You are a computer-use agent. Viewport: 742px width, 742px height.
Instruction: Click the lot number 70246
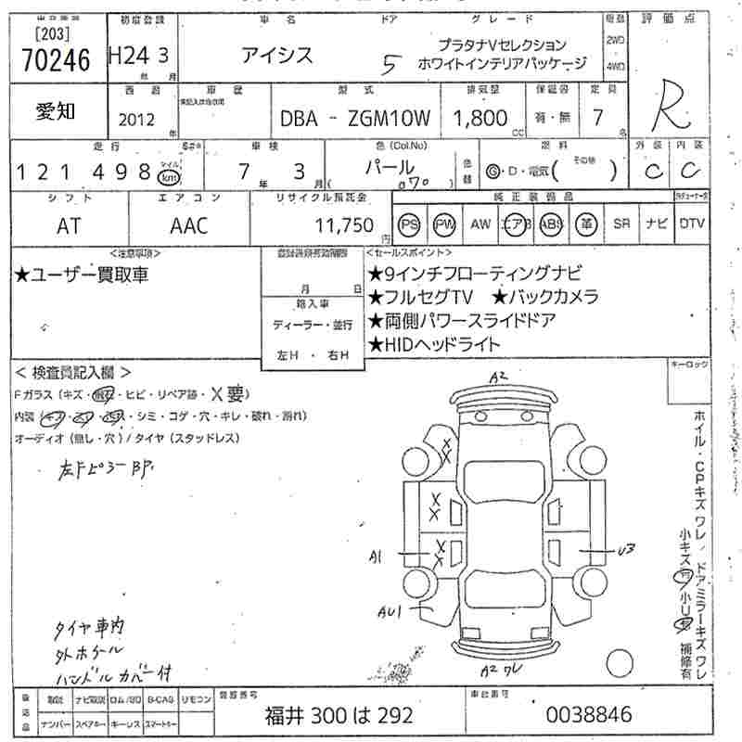tap(55, 60)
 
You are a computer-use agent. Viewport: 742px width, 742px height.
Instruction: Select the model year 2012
tap(137, 119)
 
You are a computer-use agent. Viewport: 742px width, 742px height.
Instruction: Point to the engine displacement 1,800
tap(480, 118)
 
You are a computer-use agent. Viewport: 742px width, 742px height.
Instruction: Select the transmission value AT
tap(70, 225)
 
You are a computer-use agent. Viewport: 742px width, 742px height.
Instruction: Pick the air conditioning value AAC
tap(189, 225)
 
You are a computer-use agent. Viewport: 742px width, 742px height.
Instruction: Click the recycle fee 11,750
tap(343, 225)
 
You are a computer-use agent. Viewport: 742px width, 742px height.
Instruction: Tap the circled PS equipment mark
tap(409, 224)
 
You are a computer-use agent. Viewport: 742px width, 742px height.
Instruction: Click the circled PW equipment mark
tap(445, 224)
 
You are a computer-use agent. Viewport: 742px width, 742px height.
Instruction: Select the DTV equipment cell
tap(691, 224)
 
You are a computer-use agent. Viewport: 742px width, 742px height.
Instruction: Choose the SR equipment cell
tap(620, 224)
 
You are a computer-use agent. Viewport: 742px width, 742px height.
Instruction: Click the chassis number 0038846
tap(590, 714)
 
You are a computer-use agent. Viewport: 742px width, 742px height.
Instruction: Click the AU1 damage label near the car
tap(390, 612)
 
